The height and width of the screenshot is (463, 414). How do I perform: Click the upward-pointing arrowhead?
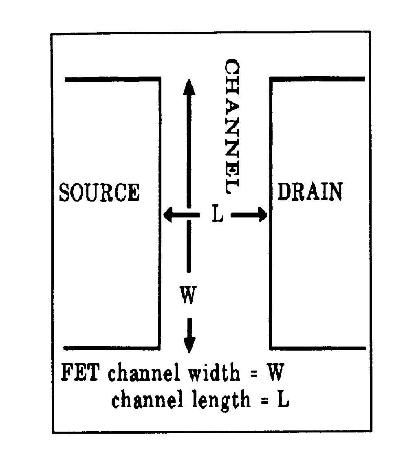[x=188, y=86]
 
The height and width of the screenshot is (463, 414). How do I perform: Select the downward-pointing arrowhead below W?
[x=189, y=345]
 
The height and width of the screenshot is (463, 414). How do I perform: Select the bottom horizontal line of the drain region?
[x=318, y=348]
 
